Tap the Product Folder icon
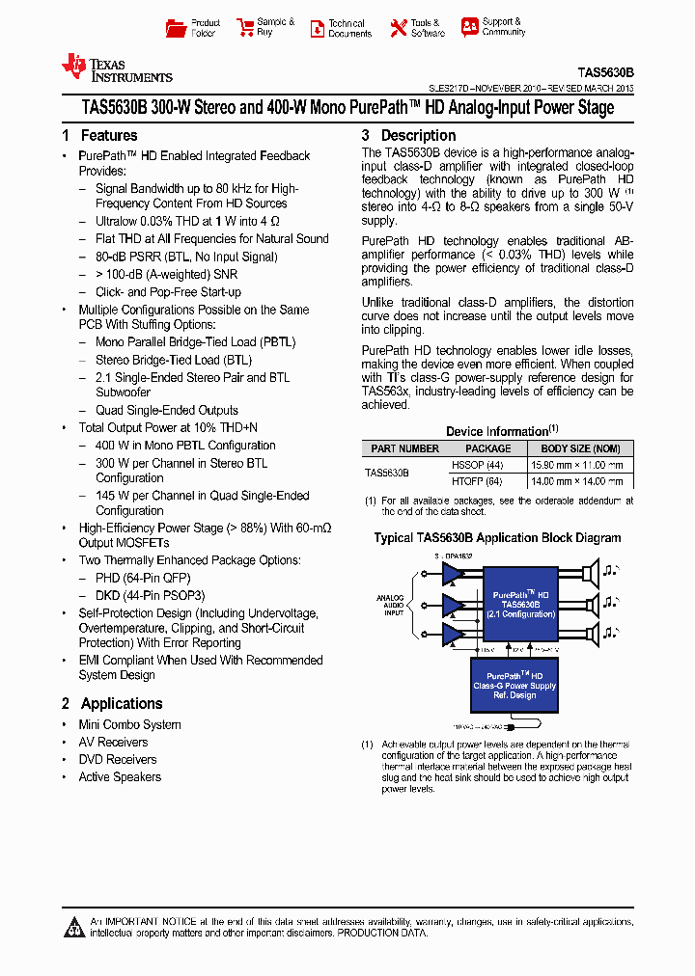(x=175, y=28)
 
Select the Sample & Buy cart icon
(x=243, y=28)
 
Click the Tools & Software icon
(x=398, y=28)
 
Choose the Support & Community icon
(x=469, y=27)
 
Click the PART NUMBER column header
(x=404, y=448)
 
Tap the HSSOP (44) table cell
(x=477, y=465)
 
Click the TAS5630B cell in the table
(x=387, y=473)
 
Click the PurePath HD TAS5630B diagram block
(x=520, y=605)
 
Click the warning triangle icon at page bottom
(x=75, y=928)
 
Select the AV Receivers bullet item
(x=113, y=743)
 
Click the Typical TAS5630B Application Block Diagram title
(x=497, y=538)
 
